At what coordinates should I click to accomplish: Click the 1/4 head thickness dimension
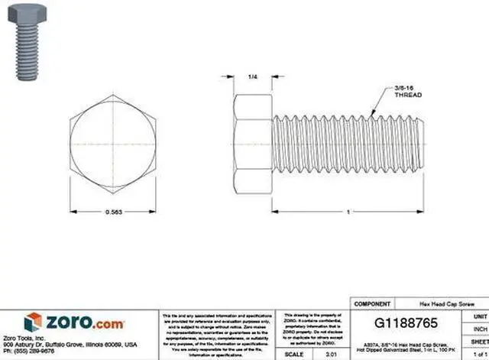tap(253, 77)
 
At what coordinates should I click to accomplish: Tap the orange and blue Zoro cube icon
tap(33, 322)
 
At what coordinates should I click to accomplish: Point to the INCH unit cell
tap(480, 329)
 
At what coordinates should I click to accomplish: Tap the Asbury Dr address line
tap(69, 344)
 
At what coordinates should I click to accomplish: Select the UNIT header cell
tap(480, 316)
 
